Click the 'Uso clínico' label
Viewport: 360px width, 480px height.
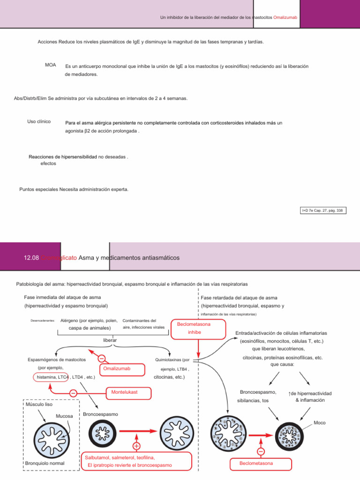39,122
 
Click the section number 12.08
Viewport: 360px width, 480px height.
31,258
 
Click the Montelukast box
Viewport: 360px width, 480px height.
124,391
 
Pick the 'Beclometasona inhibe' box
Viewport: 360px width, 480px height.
194,328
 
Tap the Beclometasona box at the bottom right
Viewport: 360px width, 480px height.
256,464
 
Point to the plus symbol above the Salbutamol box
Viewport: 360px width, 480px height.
136,446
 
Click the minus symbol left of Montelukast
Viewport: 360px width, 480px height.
73,393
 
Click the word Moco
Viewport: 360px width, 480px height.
320,422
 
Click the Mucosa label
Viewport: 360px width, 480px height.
64,416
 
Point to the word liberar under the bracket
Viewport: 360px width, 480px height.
110,339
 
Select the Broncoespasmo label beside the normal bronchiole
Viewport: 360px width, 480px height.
100,414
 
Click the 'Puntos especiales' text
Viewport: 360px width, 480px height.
38,189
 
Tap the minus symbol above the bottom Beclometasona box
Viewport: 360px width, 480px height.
261,451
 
